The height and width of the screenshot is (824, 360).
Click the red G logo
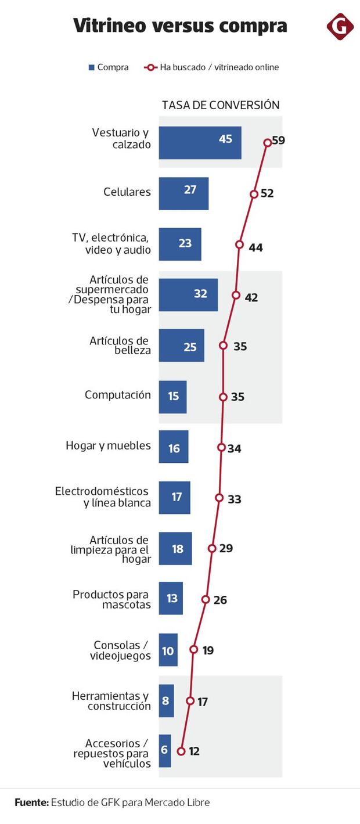(x=340, y=26)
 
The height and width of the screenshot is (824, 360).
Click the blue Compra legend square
(x=91, y=67)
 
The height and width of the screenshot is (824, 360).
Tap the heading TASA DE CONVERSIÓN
(x=221, y=105)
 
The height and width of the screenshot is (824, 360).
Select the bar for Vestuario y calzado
(x=200, y=142)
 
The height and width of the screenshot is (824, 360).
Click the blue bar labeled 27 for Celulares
(x=183, y=193)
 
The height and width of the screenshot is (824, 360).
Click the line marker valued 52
(x=254, y=195)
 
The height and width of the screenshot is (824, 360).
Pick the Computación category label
(x=118, y=395)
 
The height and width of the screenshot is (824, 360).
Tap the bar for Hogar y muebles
(x=174, y=447)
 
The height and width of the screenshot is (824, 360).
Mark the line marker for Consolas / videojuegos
(x=194, y=650)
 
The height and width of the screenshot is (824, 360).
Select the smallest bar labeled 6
(x=165, y=750)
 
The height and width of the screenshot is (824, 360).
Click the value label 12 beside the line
(x=194, y=751)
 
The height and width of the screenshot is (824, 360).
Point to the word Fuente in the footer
(x=31, y=803)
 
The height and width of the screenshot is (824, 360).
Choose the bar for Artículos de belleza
(x=181, y=346)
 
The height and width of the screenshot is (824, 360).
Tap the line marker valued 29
(x=212, y=548)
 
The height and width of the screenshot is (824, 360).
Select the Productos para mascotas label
(x=111, y=599)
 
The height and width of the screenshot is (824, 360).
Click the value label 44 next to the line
(x=255, y=248)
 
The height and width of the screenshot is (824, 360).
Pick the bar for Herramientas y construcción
(x=166, y=701)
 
